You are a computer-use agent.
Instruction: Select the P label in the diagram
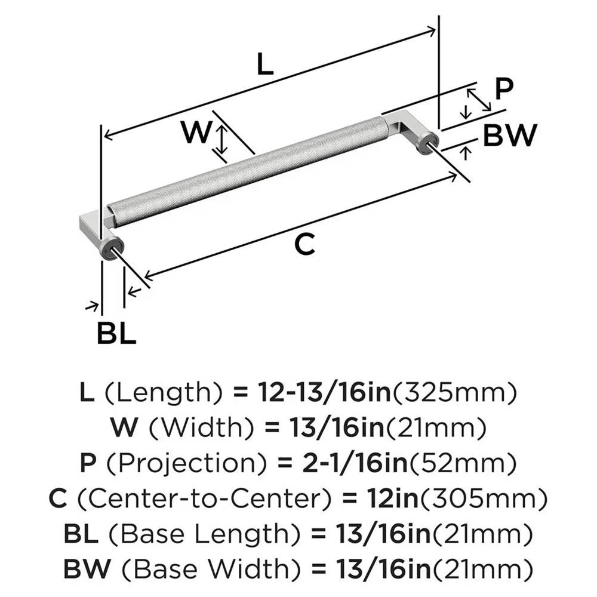coord(504,89)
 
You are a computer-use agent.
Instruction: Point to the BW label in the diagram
coord(509,136)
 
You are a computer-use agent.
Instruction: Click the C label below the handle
coord(305,244)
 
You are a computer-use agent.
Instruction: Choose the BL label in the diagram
coord(116,334)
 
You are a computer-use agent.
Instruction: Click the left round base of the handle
coord(112,248)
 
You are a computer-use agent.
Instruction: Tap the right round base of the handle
coord(429,144)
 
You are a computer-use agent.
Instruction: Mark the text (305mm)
coord(478,496)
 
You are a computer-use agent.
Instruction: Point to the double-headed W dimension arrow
coord(222,141)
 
